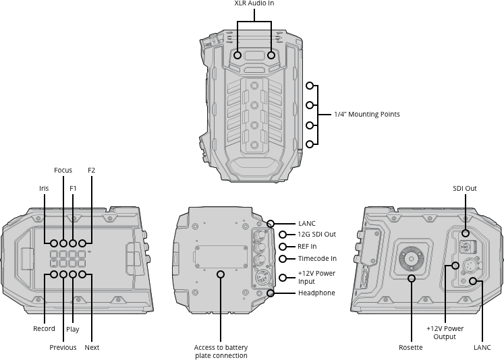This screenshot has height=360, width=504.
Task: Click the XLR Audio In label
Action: click(x=254, y=4)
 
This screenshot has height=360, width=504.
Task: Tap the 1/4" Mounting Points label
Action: click(x=367, y=115)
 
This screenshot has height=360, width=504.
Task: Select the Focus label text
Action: click(x=63, y=171)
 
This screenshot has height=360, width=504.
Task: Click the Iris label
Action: click(x=44, y=188)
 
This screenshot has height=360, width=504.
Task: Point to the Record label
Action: click(x=45, y=329)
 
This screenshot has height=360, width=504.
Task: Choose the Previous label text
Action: click(x=63, y=348)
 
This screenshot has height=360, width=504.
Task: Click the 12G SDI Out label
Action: click(x=316, y=235)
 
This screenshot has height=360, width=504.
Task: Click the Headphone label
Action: click(x=316, y=293)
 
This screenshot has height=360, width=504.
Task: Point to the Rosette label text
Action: click(x=411, y=348)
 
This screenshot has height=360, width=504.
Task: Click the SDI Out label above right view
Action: click(x=465, y=189)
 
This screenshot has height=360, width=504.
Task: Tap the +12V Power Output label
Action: click(x=445, y=332)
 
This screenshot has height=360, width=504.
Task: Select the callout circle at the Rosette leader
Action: click(x=411, y=277)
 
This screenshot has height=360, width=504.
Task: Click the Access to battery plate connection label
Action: click(x=221, y=352)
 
